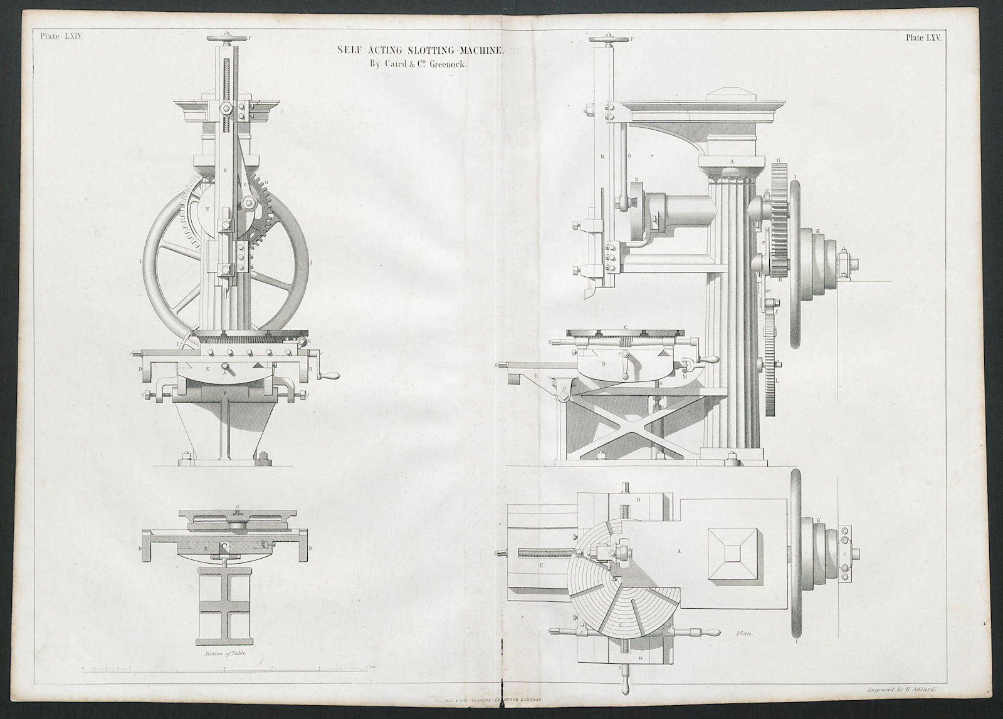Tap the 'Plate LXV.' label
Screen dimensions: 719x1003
coord(923,38)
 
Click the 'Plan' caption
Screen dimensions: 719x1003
coord(745,633)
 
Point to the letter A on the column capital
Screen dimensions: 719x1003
coord(732,161)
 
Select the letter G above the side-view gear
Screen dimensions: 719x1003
coord(779,161)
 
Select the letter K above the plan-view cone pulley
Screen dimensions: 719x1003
coord(819,520)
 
